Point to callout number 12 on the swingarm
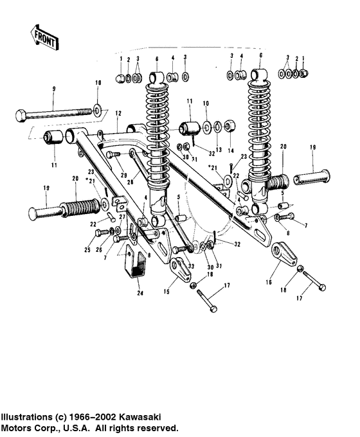[x=118, y=113]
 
